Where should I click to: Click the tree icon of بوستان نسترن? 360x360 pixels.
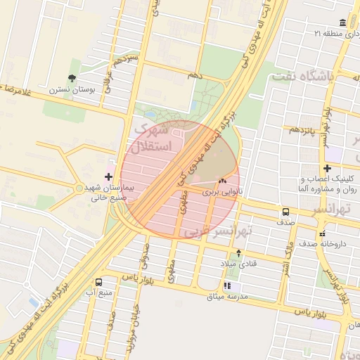(x=72, y=78)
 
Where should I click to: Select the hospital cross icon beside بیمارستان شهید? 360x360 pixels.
(x=108, y=176)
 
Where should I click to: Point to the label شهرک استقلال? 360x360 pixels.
(x=151, y=139)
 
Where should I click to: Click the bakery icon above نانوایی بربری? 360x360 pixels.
(x=222, y=181)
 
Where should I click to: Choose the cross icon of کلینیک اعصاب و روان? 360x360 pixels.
(x=328, y=169)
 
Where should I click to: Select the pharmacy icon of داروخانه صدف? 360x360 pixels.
(x=322, y=233)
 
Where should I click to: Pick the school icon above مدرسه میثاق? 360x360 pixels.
(x=227, y=285)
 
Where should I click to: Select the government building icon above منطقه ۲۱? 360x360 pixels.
(x=342, y=22)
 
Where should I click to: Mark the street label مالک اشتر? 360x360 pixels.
(x=286, y=259)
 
